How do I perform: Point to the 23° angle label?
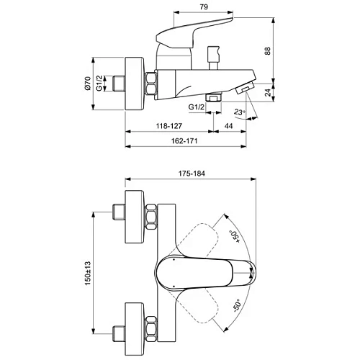tap(239, 112)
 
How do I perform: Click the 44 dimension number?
tap(229, 125)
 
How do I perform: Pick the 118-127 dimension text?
tap(168, 125)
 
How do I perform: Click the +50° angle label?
tap(233, 235)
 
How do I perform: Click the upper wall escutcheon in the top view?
tap(135, 215)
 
